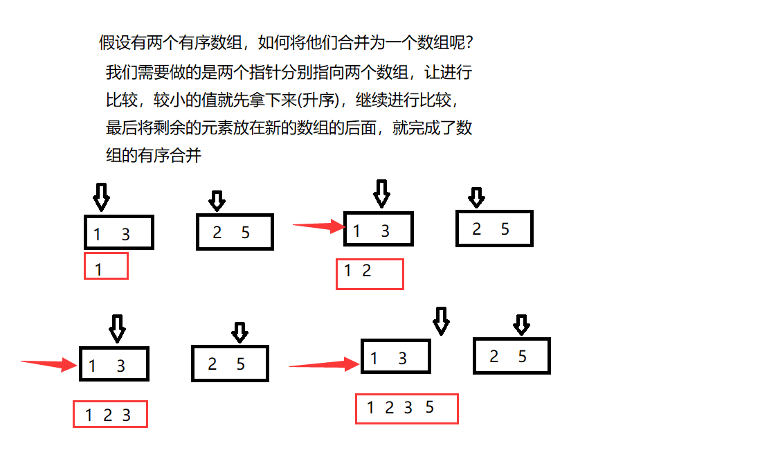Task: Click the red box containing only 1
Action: (106, 266)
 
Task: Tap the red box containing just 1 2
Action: (370, 274)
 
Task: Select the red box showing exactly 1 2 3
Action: (110, 414)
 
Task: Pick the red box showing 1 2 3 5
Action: (407, 409)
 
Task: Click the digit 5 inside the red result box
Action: (429, 408)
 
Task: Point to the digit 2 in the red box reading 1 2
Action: (367, 271)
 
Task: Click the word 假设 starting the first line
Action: (114, 43)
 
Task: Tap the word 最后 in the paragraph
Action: (122, 128)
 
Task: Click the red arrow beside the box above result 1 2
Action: (319, 225)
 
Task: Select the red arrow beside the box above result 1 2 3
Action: (48, 364)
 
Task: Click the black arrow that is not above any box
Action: (441, 321)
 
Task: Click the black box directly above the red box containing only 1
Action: (118, 232)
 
